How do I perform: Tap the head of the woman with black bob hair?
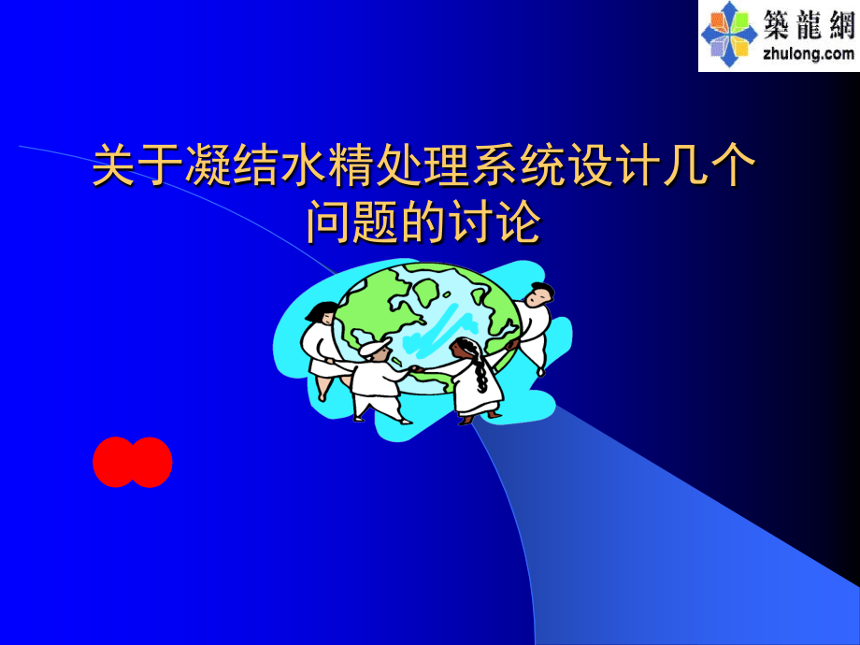pos(321,315)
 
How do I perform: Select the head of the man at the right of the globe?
pos(537,294)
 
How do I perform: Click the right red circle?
pos(150,462)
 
